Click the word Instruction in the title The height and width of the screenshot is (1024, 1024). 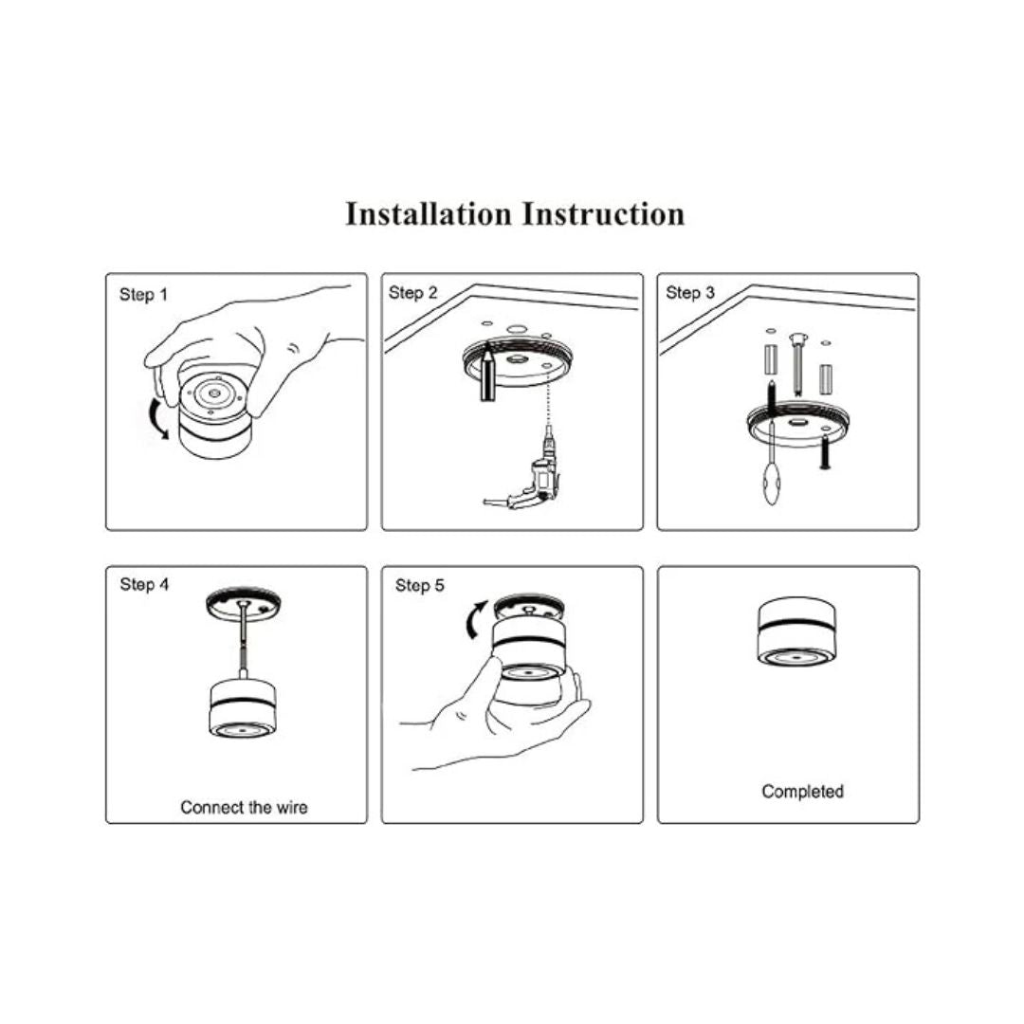pyautogui.click(x=603, y=214)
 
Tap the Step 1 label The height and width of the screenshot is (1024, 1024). pyautogui.click(x=144, y=295)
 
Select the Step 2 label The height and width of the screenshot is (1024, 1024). pyautogui.click(x=412, y=293)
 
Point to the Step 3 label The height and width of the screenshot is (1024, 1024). pyautogui.click(x=689, y=293)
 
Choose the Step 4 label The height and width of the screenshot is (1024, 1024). pyautogui.click(x=144, y=584)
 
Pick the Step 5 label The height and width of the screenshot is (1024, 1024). pyautogui.click(x=419, y=585)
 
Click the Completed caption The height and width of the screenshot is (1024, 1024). pyautogui.click(x=803, y=792)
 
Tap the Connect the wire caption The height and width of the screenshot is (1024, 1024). pyautogui.click(x=245, y=807)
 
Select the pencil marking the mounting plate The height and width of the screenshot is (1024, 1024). pyautogui.click(x=487, y=373)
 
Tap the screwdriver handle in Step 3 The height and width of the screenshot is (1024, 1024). pyautogui.click(x=771, y=483)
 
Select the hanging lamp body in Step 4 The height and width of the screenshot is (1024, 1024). pyautogui.click(x=242, y=708)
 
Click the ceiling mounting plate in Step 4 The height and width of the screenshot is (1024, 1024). pyautogui.click(x=244, y=601)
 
